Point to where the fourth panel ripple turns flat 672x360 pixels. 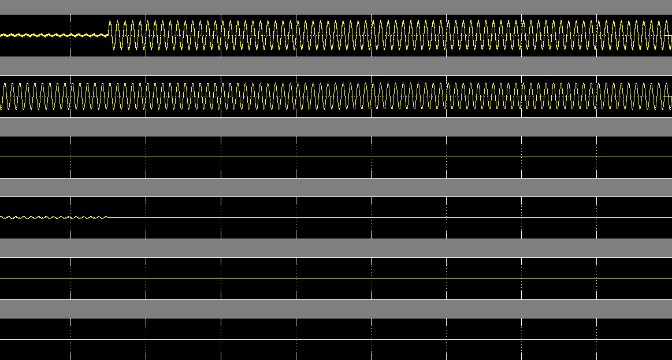(x=107, y=217)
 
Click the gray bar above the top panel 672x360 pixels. (x=335, y=6)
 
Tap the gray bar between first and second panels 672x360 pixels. (x=335, y=66)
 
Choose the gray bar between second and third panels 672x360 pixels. (x=335, y=127)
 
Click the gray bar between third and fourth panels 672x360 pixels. (x=335, y=187)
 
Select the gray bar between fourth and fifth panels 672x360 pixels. (x=335, y=248)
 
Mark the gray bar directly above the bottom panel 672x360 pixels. (x=335, y=309)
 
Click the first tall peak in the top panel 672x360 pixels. (x=111, y=22)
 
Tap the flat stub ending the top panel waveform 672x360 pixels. (x=669, y=35)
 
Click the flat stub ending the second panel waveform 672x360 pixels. (x=669, y=96)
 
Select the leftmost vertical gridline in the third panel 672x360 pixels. (x=71, y=147)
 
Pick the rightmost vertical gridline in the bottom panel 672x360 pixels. (x=597, y=350)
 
